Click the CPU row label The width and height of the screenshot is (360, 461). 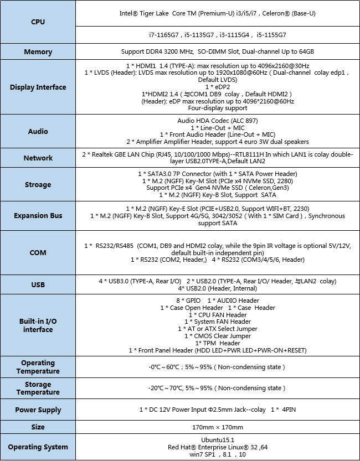[38, 22]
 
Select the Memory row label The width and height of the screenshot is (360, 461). [38, 52]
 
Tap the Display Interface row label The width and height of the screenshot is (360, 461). [38, 87]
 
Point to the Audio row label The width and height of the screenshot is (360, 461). [38, 132]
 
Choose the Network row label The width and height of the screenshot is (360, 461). [38, 158]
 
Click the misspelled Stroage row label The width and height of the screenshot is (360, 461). [38, 185]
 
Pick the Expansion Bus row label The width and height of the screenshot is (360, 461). [38, 216]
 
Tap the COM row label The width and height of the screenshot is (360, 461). [38, 253]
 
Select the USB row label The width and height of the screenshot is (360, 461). [38, 284]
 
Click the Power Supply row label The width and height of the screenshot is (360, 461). [38, 410]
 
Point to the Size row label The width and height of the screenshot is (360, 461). [38, 427]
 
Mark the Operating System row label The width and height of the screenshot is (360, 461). [38, 447]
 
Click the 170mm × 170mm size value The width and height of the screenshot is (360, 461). [218, 427]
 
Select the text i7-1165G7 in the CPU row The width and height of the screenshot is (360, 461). [164, 34]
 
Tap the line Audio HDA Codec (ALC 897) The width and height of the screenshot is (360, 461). [218, 121]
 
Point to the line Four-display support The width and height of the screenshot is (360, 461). [218, 108]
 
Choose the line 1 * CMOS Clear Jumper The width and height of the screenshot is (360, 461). [218, 336]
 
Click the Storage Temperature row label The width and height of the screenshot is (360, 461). [38, 388]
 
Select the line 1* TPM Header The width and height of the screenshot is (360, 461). [218, 343]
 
